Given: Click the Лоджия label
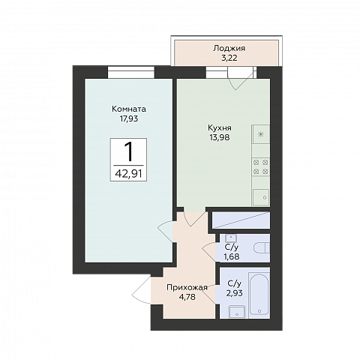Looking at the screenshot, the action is pyautogui.click(x=229, y=49).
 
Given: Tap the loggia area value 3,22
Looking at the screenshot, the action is pyautogui.click(x=229, y=58).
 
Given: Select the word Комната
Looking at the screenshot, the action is pyautogui.click(x=129, y=109).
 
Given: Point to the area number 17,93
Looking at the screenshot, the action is pyautogui.click(x=129, y=118).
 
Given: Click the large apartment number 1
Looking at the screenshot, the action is pyautogui.click(x=129, y=151).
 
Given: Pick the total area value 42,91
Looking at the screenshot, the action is pyautogui.click(x=128, y=173).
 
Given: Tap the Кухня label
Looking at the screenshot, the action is pyautogui.click(x=220, y=128).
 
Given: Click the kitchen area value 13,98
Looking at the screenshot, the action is pyautogui.click(x=220, y=137).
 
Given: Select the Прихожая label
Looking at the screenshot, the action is pyautogui.click(x=187, y=287).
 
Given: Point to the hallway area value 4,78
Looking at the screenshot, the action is pyautogui.click(x=187, y=297).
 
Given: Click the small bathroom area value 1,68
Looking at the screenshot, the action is pyautogui.click(x=232, y=256).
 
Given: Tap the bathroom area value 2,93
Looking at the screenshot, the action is pyautogui.click(x=235, y=292).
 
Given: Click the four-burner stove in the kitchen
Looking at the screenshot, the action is pyautogui.click(x=261, y=166).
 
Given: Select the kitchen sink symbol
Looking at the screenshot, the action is pyautogui.click(x=261, y=197).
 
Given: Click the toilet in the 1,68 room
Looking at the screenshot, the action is pyautogui.click(x=262, y=248).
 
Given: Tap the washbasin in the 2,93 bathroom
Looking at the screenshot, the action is pyautogui.click(x=237, y=312).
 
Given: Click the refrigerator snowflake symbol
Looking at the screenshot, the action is pyautogui.click(x=261, y=135).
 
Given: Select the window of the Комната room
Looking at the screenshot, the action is pyautogui.click(x=131, y=72).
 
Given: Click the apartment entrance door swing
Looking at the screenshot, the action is pyautogui.click(x=142, y=290).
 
